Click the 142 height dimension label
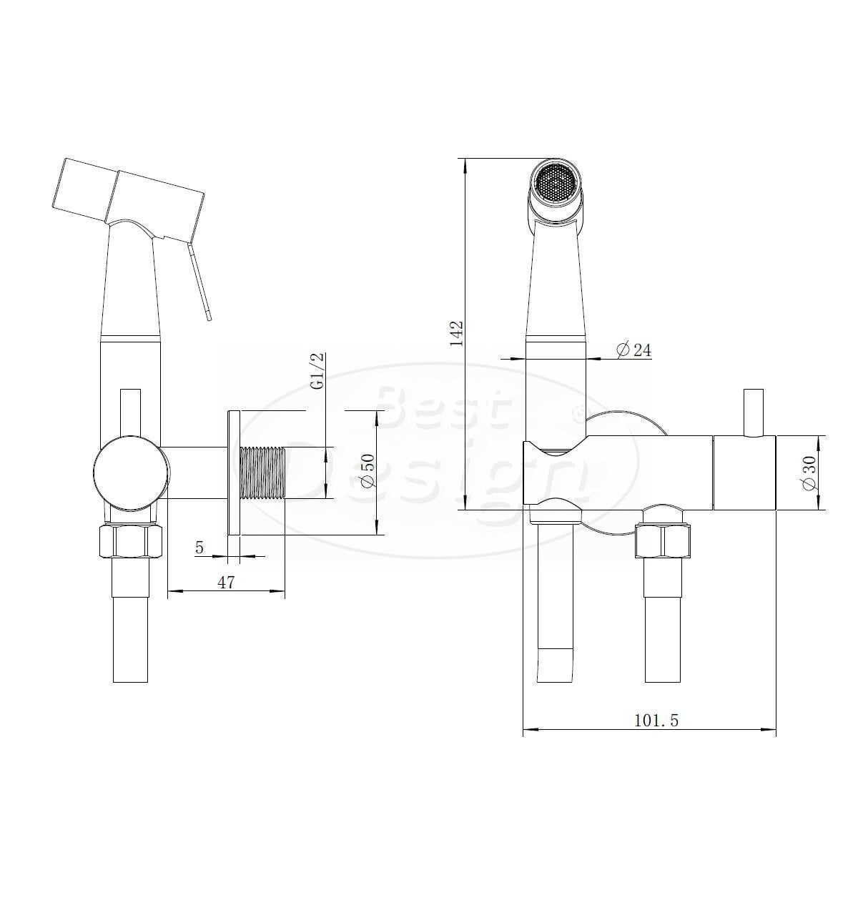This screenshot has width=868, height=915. click(x=457, y=333)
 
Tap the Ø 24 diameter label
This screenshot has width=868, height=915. click(x=633, y=350)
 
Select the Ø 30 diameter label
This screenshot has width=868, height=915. click(x=811, y=473)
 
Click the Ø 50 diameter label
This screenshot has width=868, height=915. click(x=368, y=470)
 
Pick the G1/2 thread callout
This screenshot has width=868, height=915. click(x=318, y=372)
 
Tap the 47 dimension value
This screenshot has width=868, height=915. click(x=226, y=582)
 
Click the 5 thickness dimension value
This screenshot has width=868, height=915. click(x=199, y=548)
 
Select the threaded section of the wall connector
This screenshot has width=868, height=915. click(x=262, y=473)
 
